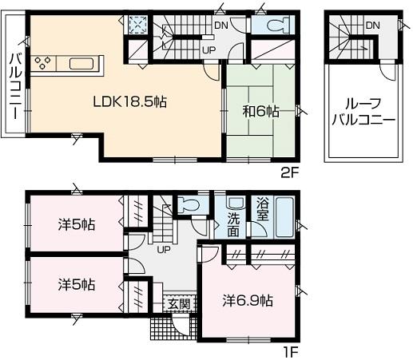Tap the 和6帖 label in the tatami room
[261, 112]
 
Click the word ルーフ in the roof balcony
[363, 104]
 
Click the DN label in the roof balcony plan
[372, 26]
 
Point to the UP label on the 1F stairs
[164, 250]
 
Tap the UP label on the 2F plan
[208, 50]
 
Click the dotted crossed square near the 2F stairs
[137, 25]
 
